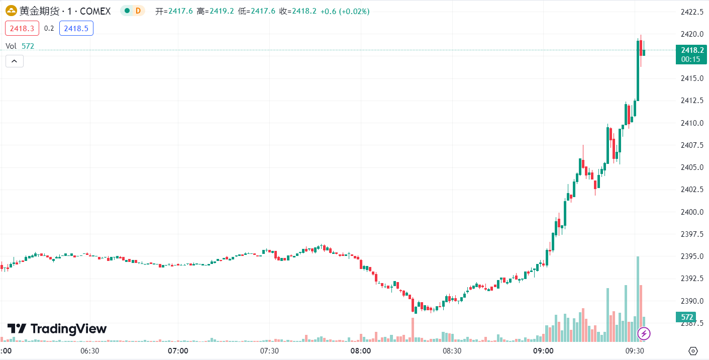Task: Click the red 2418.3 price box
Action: pos(22,29)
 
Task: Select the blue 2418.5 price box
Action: pos(76,29)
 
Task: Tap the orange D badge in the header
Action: pos(138,11)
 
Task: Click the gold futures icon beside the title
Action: pos(11,11)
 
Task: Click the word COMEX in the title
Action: pos(95,12)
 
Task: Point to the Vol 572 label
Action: pos(20,46)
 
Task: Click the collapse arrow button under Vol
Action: pos(15,61)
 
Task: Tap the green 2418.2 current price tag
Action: pos(691,54)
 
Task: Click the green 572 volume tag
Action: pos(686,317)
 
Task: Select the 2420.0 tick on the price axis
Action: pos(692,34)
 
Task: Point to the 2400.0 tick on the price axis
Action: pos(692,212)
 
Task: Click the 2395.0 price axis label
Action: pos(692,256)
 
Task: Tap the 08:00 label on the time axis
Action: pos(360,351)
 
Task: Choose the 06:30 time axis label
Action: pos(89,351)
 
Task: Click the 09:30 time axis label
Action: pos(635,351)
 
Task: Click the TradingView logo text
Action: pos(69,329)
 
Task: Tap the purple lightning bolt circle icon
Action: pos(644,333)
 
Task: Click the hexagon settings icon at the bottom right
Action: pos(693,351)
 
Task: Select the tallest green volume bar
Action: pos(638,299)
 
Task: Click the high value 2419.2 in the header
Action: pos(222,12)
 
